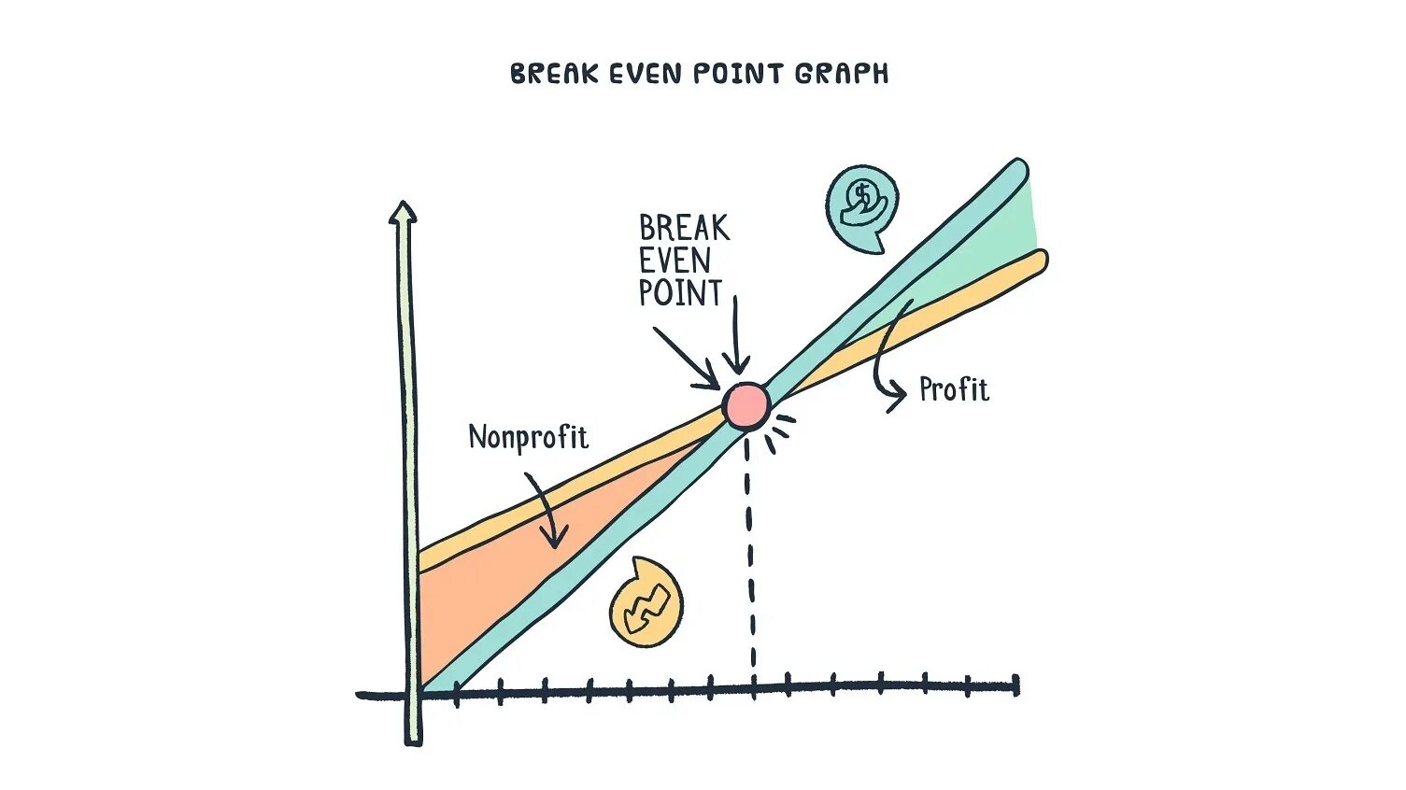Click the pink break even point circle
coord(746,405)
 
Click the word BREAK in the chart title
coord(553,74)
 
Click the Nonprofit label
coord(528,437)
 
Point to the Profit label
coord(954,389)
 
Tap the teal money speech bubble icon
coord(861,205)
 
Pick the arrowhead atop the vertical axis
coord(403,212)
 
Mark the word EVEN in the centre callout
coord(675,261)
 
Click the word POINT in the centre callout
coord(680,293)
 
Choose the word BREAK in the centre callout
coord(684,228)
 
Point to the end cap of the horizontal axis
coord(1016,686)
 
